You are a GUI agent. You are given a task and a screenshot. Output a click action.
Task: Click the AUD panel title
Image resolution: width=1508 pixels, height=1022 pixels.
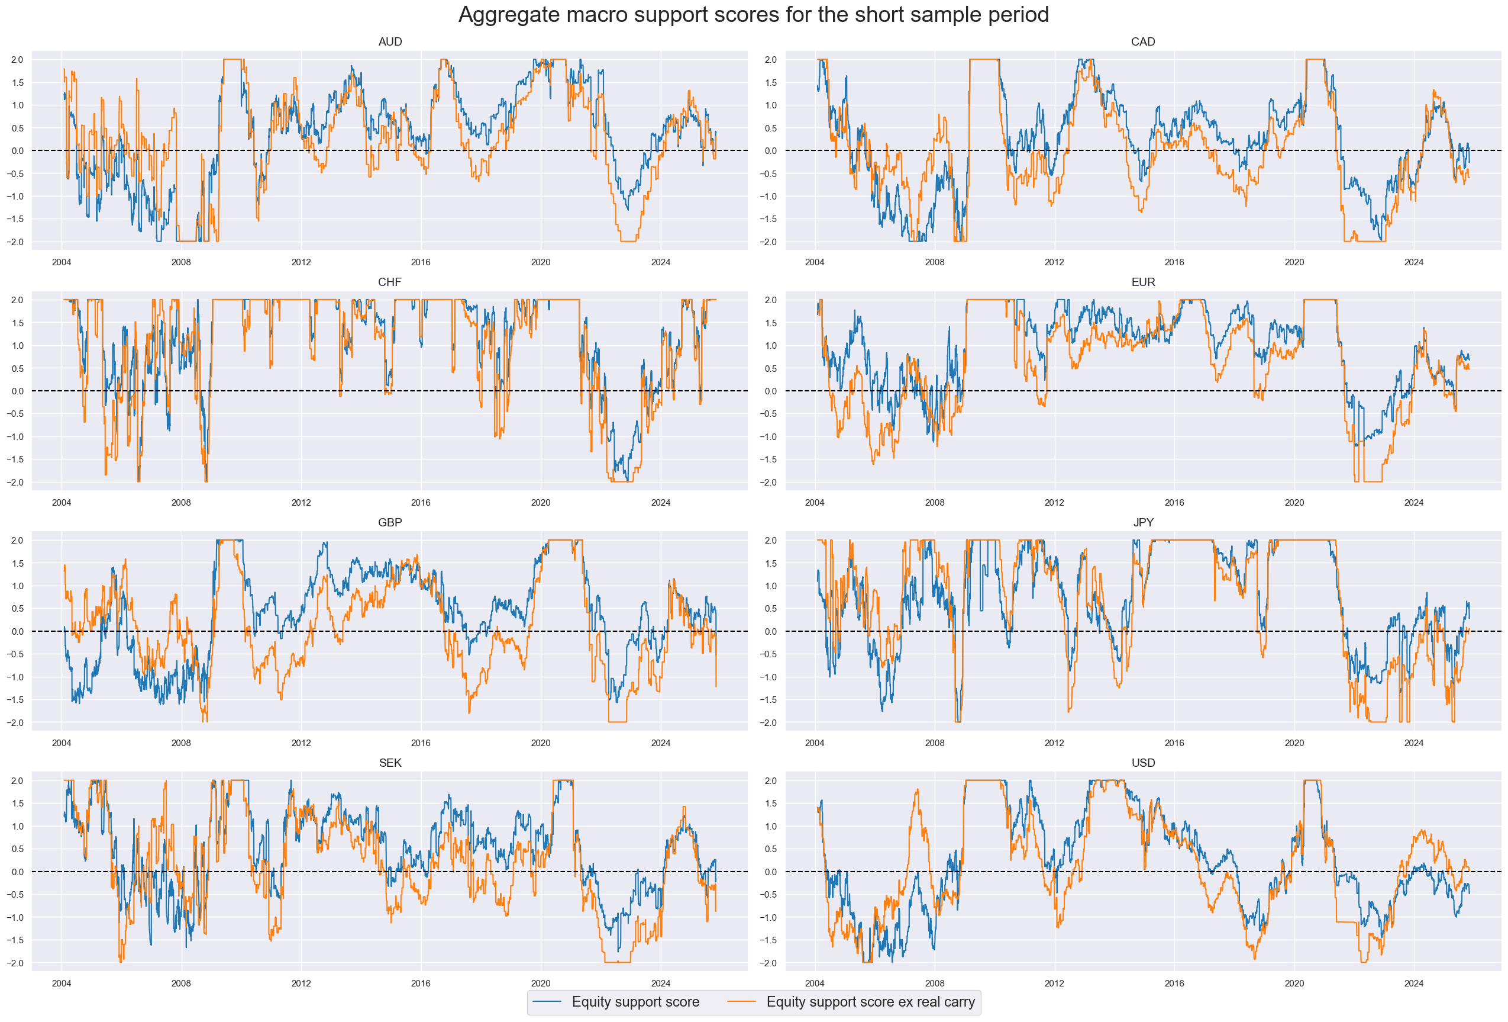390,41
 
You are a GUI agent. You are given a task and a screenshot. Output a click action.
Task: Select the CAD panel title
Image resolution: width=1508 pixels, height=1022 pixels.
1142,41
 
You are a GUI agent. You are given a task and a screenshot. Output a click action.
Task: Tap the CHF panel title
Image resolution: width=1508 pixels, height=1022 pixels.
389,282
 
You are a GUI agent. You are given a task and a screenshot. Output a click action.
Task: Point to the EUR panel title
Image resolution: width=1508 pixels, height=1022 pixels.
1142,282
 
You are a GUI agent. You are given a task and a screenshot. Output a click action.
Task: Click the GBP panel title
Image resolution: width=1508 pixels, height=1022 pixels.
390,522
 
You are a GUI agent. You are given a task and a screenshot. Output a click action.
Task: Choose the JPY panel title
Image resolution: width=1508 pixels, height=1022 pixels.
1142,522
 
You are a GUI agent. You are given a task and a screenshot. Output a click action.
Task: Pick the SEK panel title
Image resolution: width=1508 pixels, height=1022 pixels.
390,762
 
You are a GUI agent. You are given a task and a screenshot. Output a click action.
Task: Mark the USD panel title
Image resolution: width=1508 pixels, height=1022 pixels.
1142,762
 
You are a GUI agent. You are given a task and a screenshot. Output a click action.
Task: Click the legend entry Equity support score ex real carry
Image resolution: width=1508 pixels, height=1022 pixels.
870,1001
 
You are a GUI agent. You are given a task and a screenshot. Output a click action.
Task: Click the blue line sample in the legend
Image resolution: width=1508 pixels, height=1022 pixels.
547,1002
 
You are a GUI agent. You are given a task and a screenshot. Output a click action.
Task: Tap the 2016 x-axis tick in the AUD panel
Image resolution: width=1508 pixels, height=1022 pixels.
421,262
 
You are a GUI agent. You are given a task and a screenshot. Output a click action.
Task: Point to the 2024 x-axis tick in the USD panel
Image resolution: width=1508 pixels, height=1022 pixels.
1413,983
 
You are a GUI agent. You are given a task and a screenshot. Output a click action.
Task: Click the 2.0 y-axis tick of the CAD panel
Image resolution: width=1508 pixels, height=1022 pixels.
770,60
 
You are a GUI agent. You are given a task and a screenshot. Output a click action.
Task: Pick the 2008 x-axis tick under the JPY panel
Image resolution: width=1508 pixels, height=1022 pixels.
934,743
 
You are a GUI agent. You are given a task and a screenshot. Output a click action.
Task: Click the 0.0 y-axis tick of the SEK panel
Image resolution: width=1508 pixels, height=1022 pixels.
17,872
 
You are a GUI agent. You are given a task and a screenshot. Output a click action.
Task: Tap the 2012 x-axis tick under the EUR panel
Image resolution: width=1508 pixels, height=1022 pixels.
1054,503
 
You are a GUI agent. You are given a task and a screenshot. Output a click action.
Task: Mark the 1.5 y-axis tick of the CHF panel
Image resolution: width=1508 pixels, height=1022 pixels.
17,323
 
